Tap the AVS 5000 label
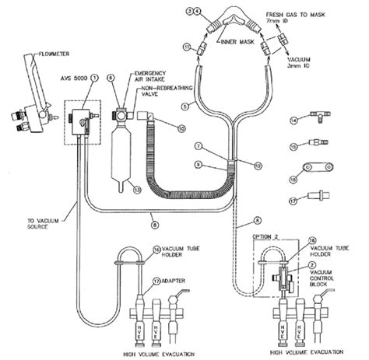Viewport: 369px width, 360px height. (72, 78)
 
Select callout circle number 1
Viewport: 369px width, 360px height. (93, 78)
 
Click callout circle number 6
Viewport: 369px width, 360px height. (111, 77)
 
